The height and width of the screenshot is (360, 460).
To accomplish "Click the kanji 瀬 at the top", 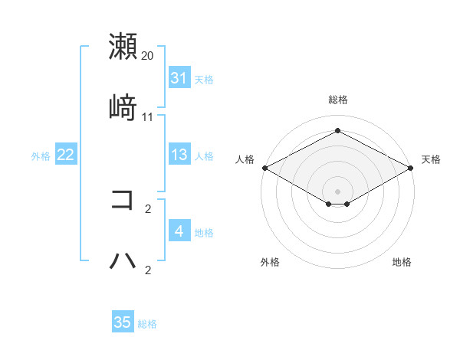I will point(123,47).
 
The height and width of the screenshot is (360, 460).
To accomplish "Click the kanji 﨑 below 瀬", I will point(123,107).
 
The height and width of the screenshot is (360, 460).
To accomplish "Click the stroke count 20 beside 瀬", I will point(148,56).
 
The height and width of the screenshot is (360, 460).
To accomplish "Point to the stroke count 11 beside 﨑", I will point(148,117).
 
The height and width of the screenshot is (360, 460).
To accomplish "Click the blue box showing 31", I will point(179,78).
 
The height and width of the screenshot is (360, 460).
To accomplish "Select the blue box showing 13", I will point(179,155).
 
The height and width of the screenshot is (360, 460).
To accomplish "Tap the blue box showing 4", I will point(179,231).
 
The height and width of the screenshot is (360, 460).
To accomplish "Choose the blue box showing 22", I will point(65,155).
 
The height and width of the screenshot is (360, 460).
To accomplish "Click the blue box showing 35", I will point(123,322).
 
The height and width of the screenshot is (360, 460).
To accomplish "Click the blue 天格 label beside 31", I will point(204,79).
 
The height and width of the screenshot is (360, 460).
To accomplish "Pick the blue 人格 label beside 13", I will point(204,155).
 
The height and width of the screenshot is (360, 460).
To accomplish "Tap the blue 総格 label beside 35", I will point(147,323).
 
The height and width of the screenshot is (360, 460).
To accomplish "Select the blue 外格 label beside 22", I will point(41,155).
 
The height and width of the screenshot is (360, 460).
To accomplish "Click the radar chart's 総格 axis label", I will point(337,100).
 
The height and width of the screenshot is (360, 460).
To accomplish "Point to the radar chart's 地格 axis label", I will point(402,262).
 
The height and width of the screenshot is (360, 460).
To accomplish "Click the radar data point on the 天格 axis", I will point(412,167).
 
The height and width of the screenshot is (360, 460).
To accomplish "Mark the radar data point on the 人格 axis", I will point(264,167).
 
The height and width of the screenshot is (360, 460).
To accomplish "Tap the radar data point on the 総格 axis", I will point(337,131).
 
